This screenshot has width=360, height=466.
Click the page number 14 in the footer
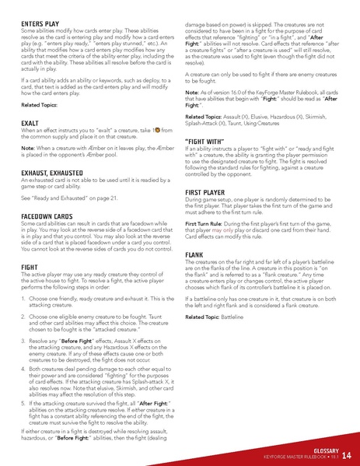tap(345, 455)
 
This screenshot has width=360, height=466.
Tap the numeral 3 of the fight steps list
tap(23, 340)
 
